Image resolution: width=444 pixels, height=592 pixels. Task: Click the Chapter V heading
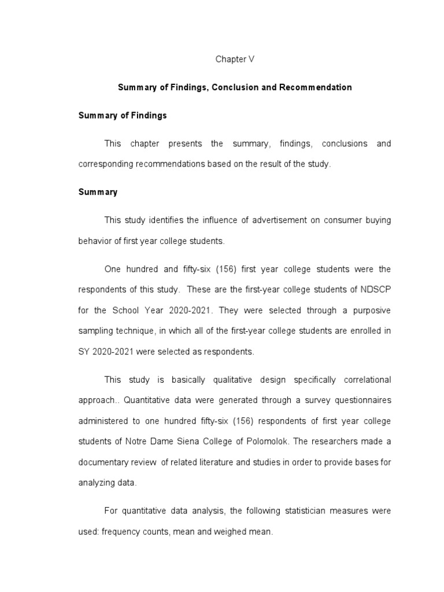[235, 60]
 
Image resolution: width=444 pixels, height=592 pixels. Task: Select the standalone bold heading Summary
[98, 192]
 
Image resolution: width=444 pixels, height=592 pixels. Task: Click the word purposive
[368, 310]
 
